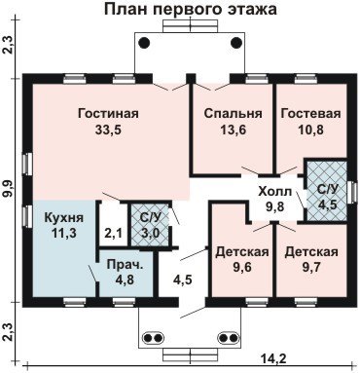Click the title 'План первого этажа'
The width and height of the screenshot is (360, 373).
tap(191, 9)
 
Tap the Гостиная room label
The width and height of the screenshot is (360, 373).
tap(108, 114)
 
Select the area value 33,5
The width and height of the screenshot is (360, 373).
tap(108, 130)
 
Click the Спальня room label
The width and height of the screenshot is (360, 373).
tap(234, 114)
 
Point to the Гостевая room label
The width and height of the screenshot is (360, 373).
tap(311, 114)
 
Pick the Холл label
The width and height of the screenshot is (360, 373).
tap(275, 192)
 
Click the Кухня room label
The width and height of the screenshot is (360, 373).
tap(63, 217)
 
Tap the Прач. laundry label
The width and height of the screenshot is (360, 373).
tap(125, 264)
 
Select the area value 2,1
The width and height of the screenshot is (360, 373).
tap(113, 233)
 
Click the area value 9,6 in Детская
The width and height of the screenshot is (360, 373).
tap(242, 267)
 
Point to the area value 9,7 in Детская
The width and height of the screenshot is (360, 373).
tap(311, 267)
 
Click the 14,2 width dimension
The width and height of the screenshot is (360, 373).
tap(274, 358)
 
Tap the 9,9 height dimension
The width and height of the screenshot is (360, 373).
tap(9, 189)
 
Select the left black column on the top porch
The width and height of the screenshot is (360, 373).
tap(144, 43)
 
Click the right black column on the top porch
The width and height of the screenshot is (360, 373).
tap(236, 43)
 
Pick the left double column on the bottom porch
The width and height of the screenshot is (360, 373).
tap(154, 338)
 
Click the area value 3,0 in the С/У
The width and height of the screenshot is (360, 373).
tap(150, 233)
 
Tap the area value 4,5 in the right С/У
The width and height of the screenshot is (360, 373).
tap(328, 205)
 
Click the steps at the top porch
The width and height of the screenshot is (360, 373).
tap(190, 26)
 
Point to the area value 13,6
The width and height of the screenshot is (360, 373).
tap(234, 130)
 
